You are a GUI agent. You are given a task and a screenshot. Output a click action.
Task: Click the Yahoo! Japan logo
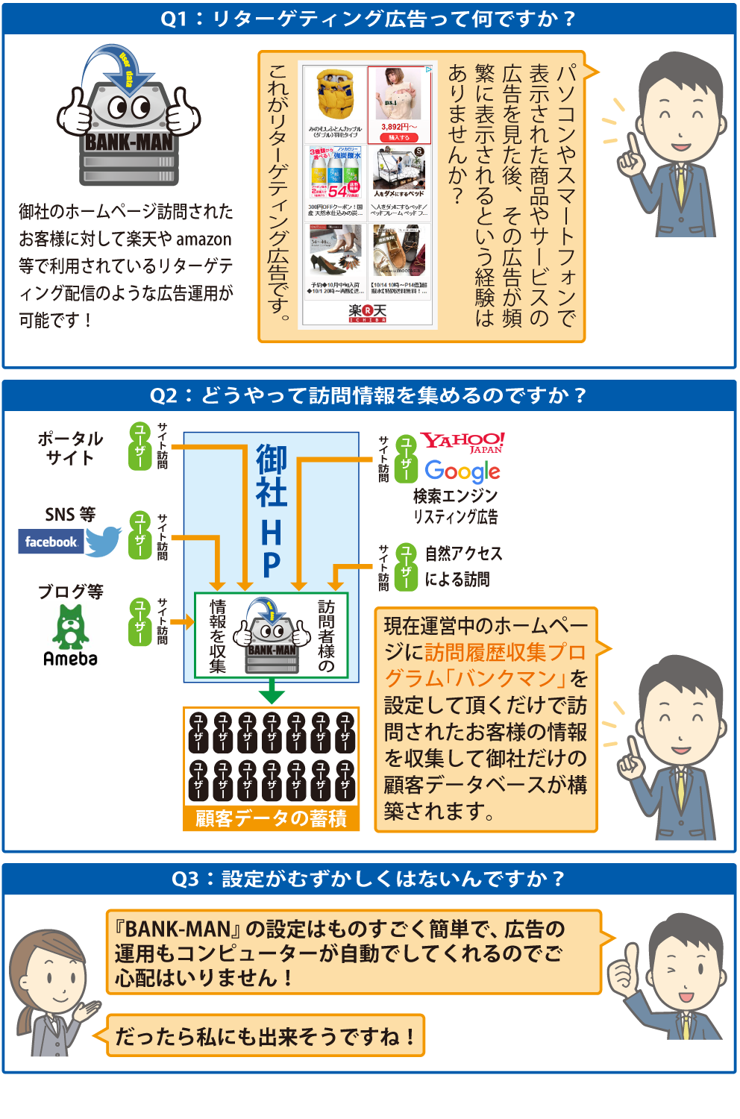tap(462, 442)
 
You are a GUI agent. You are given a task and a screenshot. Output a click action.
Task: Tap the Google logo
tap(462, 471)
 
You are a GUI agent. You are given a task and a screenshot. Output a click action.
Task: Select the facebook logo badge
tap(50, 542)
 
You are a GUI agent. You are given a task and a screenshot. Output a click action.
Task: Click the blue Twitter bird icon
tap(103, 541)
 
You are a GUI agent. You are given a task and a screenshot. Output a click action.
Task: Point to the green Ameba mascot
tap(70, 626)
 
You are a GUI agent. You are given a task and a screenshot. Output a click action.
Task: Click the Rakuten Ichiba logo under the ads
tap(367, 313)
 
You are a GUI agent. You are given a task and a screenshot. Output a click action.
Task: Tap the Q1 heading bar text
tap(369, 19)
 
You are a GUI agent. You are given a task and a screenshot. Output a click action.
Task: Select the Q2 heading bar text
tap(369, 395)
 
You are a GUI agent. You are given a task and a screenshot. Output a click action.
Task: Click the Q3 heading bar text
tap(369, 879)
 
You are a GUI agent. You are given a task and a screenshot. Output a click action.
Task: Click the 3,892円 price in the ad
tap(398, 127)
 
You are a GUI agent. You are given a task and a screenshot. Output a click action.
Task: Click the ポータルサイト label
tap(70, 448)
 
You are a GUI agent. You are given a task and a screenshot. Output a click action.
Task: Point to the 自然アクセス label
tap(463, 554)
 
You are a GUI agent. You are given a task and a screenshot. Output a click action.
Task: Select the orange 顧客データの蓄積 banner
tap(271, 818)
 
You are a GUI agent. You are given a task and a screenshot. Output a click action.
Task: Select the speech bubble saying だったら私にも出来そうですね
tap(265, 1036)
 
